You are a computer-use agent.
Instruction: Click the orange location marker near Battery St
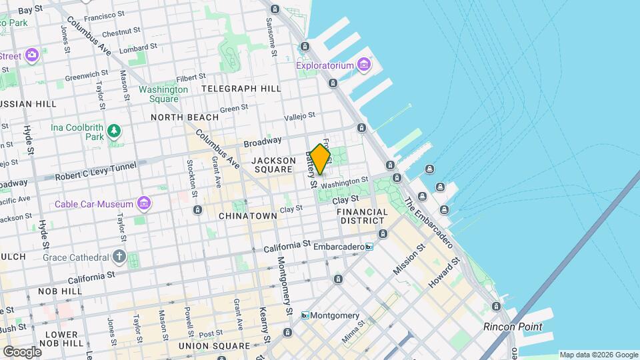point(320,159)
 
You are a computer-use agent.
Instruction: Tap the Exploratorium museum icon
point(363,65)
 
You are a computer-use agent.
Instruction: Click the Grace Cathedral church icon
point(119,257)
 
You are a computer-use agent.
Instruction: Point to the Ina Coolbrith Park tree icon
point(115,130)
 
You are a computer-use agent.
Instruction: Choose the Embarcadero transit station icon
point(369,247)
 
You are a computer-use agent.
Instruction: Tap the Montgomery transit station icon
point(305,315)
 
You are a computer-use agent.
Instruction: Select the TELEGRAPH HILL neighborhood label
point(241,88)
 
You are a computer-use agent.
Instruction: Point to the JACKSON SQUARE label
point(273,165)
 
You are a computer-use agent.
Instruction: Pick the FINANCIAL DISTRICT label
point(362,216)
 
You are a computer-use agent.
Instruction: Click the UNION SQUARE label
point(213,346)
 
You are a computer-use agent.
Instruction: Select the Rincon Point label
point(513,327)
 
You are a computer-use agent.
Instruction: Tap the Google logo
point(22,351)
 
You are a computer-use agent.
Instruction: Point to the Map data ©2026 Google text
point(598,355)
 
